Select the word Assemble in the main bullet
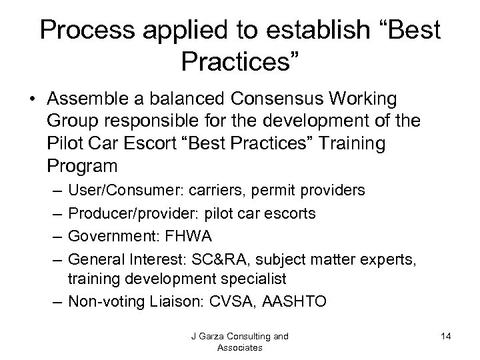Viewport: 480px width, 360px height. pos(83,99)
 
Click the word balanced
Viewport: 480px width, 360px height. pos(173,99)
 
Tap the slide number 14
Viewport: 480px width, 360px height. pos(446,337)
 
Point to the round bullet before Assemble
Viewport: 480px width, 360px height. pos(31,100)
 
